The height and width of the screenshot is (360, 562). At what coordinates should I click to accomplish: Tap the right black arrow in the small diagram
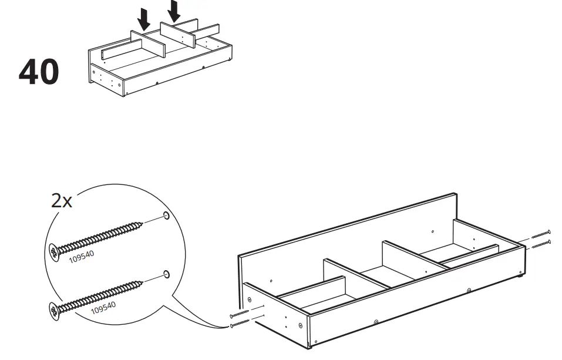[174, 11]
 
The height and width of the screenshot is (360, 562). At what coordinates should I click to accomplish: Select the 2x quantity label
[62, 201]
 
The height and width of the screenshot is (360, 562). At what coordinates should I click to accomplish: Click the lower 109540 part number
[103, 307]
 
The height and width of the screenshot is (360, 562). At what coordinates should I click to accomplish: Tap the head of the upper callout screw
[54, 253]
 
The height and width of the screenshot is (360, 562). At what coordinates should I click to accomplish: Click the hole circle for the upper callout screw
[167, 216]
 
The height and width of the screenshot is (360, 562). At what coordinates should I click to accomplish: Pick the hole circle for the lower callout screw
[167, 274]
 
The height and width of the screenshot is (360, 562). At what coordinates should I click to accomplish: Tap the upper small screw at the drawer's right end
[541, 234]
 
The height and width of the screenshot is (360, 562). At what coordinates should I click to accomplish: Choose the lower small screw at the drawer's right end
[541, 243]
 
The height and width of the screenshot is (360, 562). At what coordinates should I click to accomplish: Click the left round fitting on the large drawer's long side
[376, 322]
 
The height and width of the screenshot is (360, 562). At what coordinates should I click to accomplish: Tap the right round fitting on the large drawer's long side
[469, 290]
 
